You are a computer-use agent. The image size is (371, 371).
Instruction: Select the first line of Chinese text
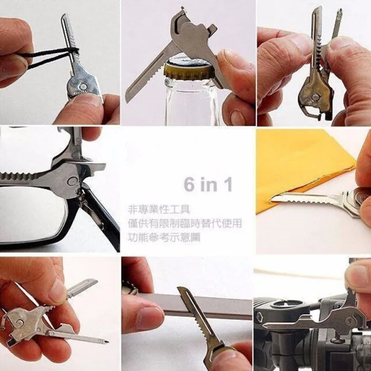pos(160,209)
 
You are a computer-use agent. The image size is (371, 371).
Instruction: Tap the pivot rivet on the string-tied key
pos(83,86)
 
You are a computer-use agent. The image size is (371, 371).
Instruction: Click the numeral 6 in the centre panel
pos(189,184)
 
